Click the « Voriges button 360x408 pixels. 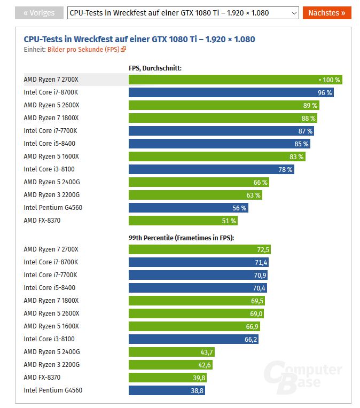tap(39, 13)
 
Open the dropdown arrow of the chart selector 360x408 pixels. tap(294, 13)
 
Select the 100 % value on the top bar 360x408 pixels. tap(331, 80)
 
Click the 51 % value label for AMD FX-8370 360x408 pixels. tap(229, 221)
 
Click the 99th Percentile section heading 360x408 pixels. tap(182, 238)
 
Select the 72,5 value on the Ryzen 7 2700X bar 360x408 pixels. tap(263, 249)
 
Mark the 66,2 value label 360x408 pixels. tap(251, 339)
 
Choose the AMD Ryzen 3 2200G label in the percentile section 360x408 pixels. tap(52, 365)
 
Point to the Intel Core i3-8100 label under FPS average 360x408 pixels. tap(49, 169)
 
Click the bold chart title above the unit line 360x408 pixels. tap(139, 39)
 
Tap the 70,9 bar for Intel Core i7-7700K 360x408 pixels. tap(198, 275)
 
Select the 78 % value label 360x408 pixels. tap(286, 169)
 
